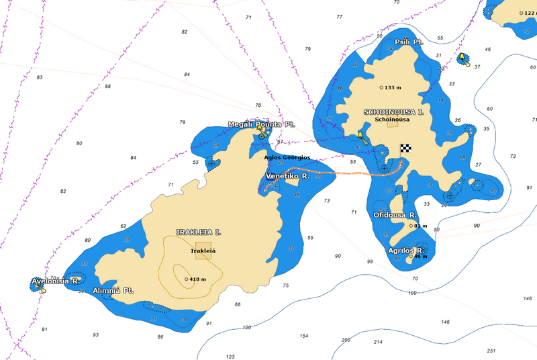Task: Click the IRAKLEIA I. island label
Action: coord(198,232)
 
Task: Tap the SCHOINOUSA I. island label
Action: coord(393,111)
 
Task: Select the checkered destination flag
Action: coord(405,148)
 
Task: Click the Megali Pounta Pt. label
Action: coord(261,124)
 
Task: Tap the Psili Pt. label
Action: coord(409,42)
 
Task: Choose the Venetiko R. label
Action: coord(287,175)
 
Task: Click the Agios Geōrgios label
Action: coord(287,157)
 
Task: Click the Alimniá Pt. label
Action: coord(113,291)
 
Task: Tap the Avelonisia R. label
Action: coord(56,281)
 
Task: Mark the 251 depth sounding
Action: coord(491,351)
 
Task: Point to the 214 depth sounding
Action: coord(378,343)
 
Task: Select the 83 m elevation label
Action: coord(420,226)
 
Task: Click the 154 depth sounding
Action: coord(303,336)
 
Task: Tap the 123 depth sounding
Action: coord(230,357)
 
